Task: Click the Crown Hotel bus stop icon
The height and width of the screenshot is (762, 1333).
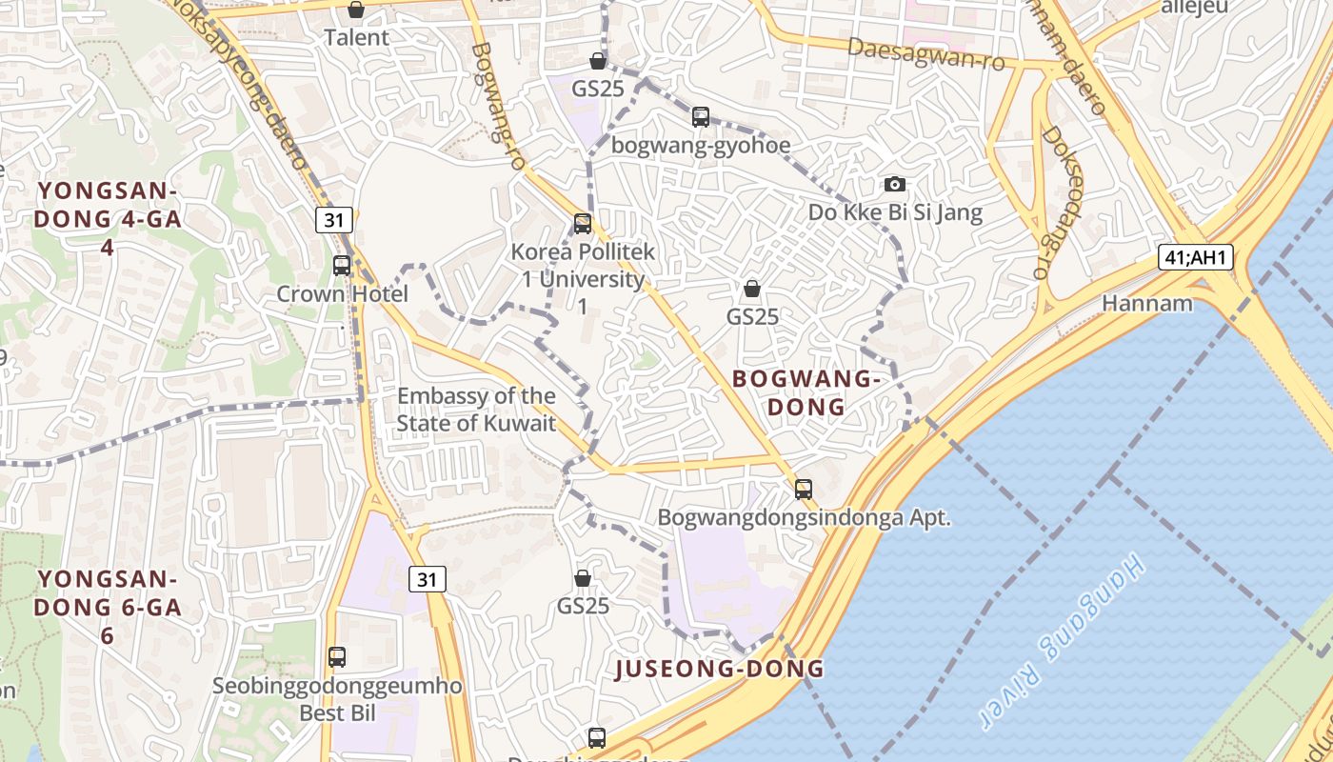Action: (x=342, y=266)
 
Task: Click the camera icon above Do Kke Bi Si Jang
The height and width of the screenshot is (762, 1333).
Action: (x=894, y=184)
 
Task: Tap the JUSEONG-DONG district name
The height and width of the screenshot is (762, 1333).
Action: (x=720, y=669)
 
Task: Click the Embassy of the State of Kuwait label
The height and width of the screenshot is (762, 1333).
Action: (x=476, y=410)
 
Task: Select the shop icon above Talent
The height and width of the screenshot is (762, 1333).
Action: (x=356, y=10)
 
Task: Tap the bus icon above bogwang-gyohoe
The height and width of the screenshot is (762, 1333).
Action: (x=701, y=117)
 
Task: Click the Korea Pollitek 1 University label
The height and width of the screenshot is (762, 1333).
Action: (x=583, y=279)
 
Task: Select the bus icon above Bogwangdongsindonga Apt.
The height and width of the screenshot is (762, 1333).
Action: (x=804, y=490)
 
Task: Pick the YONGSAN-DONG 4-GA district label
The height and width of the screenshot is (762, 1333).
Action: (x=109, y=218)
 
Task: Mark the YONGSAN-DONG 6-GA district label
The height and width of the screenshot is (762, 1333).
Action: (x=108, y=607)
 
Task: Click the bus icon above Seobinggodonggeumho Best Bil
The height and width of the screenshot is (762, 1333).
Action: (x=337, y=656)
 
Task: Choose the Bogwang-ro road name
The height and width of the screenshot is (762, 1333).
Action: (x=498, y=106)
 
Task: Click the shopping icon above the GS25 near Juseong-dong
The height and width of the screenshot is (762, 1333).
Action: (x=583, y=578)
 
